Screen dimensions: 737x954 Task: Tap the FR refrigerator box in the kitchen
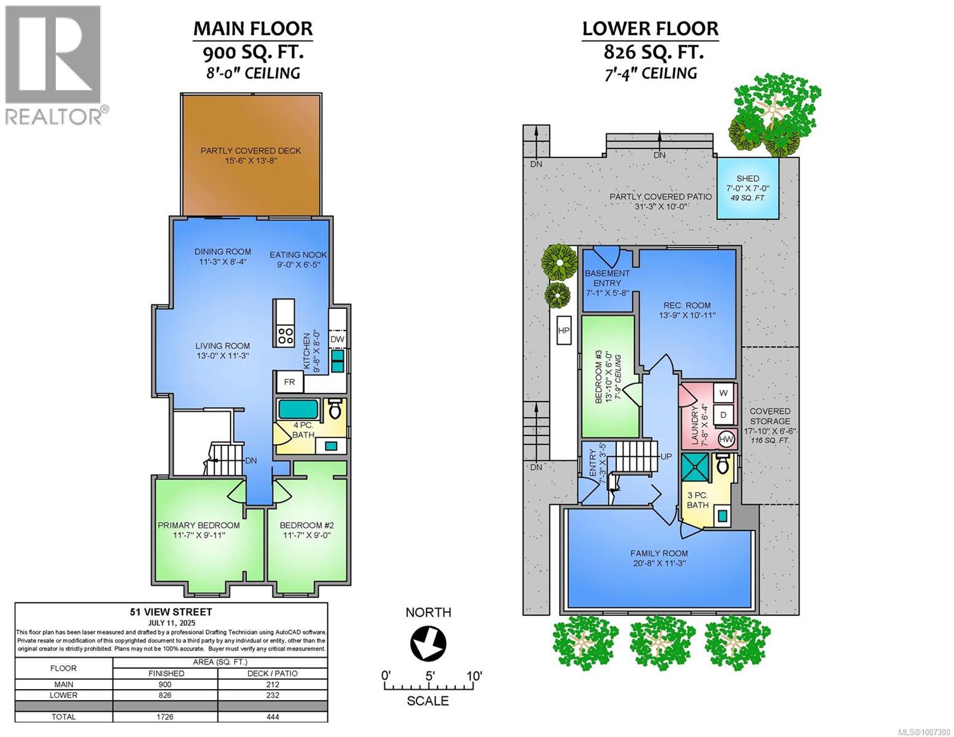(x=289, y=382)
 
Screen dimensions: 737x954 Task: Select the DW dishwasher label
(x=337, y=339)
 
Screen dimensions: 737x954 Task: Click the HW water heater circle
(x=726, y=439)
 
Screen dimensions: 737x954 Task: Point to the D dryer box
(x=723, y=415)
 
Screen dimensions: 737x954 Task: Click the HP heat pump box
(x=563, y=330)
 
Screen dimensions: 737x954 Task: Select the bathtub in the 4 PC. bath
(x=298, y=409)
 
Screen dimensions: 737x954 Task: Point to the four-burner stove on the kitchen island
(x=285, y=335)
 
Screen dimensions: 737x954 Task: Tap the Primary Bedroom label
(x=198, y=525)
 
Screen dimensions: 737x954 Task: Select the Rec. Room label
(x=687, y=305)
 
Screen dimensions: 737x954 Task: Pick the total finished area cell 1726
(x=165, y=717)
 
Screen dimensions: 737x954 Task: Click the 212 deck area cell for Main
(x=273, y=684)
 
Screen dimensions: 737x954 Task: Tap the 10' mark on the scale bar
(x=474, y=676)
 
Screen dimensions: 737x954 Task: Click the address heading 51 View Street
(x=171, y=612)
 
